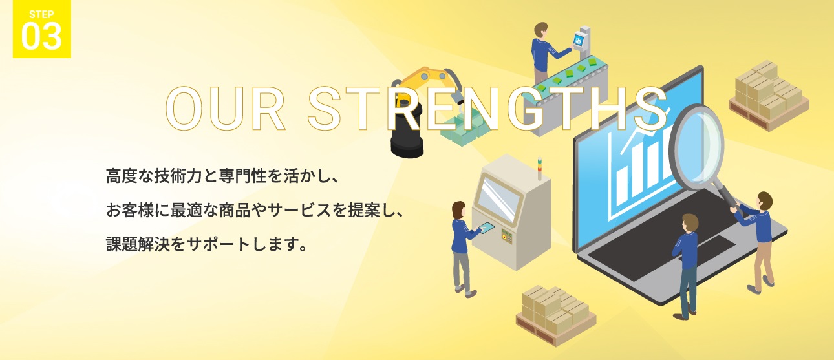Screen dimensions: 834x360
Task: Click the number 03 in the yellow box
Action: (41, 36)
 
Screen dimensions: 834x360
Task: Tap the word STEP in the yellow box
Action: (41, 14)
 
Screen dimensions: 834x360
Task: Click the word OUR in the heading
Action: (225, 109)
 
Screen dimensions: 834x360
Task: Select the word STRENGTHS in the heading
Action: (487, 109)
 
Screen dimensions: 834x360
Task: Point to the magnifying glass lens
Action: (697, 148)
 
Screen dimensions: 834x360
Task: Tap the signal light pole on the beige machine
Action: (539, 169)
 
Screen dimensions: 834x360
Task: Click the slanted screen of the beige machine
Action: (498, 199)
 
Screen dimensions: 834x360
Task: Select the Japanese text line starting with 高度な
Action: (222, 176)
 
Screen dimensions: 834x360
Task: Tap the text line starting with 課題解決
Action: (207, 244)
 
